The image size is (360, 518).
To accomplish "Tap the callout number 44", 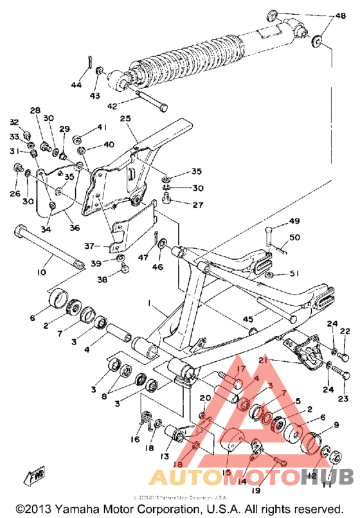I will click(x=77, y=85).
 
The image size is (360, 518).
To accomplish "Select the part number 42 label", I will click(x=112, y=107).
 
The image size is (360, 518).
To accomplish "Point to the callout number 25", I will click(x=125, y=119).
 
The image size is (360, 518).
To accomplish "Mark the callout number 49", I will click(x=294, y=222).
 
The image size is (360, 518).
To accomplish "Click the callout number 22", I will click(x=346, y=331).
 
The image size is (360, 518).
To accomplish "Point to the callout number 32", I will click(x=14, y=122).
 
